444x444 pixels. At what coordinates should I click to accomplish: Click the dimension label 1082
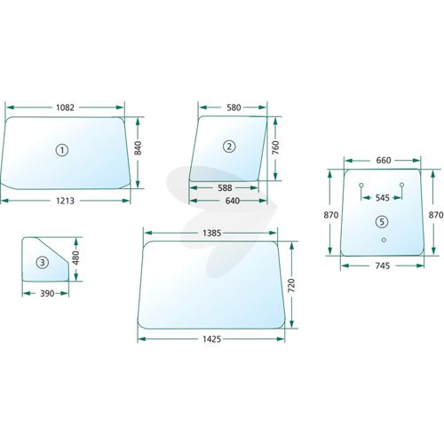coord(65,107)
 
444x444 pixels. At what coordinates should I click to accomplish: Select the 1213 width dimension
coord(65,201)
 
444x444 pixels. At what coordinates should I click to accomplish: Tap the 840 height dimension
coord(138,148)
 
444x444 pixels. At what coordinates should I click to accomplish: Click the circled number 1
coord(62,150)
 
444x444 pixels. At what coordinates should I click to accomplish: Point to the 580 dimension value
coord(234,107)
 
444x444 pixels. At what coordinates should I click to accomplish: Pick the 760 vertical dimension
coord(275,147)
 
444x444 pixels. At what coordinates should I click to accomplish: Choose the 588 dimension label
coord(225,187)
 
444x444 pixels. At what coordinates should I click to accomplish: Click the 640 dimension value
coord(233,201)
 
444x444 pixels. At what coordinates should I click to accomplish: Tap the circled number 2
coord(229,147)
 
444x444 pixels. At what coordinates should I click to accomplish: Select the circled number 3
coord(42,262)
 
